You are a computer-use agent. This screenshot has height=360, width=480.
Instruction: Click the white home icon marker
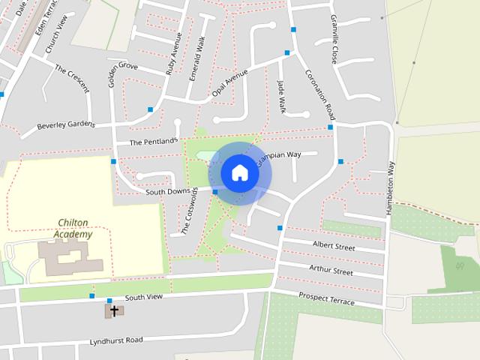tap(239, 172)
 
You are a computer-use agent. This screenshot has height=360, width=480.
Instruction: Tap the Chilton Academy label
tap(73, 229)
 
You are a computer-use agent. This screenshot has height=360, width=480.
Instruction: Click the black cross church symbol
tap(114, 309)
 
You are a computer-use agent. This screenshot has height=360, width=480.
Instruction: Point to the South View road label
tap(143, 297)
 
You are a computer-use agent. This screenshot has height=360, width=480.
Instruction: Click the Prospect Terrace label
tap(327, 298)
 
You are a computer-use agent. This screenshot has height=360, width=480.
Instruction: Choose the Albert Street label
tap(333, 245)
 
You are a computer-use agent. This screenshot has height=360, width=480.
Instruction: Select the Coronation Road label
tap(319, 95)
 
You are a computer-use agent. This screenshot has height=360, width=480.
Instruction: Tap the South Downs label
tap(168, 192)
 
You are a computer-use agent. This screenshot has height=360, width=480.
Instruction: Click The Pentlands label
tap(153, 141)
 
